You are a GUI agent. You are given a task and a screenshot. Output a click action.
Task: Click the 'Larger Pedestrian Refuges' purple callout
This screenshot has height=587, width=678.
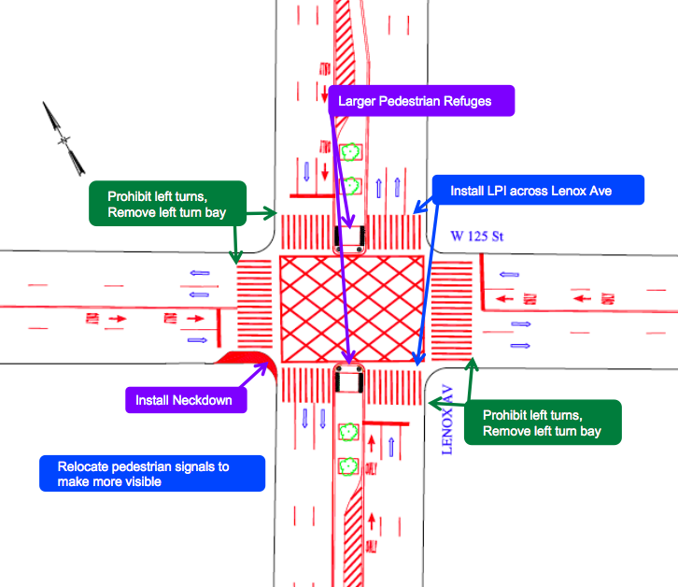421,101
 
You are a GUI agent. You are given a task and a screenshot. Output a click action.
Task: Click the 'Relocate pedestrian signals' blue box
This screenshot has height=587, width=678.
152,473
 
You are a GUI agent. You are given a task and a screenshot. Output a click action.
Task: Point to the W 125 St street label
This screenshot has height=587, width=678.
476,237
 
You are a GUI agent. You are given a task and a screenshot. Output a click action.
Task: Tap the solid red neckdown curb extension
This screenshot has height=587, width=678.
245,358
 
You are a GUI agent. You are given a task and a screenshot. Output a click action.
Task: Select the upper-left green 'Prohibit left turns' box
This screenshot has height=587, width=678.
168,204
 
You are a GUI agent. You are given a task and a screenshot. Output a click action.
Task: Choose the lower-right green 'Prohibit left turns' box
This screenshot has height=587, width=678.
542,422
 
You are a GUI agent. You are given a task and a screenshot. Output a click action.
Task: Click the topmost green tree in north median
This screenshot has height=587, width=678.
351,150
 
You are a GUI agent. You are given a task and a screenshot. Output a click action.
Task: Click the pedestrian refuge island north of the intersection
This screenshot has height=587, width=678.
350,238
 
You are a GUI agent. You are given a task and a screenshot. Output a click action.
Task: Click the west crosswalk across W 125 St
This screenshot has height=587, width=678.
252,308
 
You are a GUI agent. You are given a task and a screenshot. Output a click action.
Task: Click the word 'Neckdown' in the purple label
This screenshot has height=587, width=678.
209,400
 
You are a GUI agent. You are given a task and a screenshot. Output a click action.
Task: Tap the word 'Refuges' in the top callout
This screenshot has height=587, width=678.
466,101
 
